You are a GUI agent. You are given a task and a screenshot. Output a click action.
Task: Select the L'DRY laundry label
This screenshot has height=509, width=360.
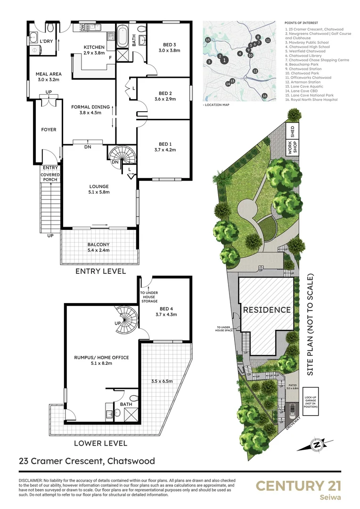click(x=46, y=41)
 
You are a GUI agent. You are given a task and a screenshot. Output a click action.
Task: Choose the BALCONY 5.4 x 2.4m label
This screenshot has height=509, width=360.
click(x=98, y=244)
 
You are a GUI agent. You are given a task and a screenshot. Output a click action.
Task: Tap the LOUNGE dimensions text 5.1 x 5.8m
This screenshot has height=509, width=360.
click(x=98, y=192)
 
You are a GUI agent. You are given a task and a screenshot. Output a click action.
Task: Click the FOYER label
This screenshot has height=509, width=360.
click(x=49, y=130)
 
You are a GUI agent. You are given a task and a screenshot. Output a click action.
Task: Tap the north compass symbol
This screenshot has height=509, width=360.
click(x=317, y=443)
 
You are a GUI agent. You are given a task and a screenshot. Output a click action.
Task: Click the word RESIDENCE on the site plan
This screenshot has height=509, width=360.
click(x=267, y=310)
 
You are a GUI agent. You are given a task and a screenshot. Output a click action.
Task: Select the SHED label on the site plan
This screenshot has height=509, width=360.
click(x=293, y=130)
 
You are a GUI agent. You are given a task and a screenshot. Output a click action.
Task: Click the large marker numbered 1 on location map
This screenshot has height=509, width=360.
click(x=225, y=60)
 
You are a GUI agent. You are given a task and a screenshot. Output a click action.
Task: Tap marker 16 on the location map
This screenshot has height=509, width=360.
click(x=264, y=96)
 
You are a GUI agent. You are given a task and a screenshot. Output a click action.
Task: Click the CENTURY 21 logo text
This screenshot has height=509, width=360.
click(x=298, y=486)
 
